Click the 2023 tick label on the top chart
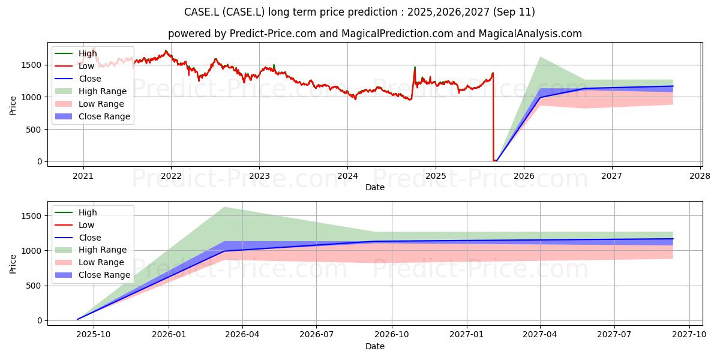pyautogui.click(x=259, y=176)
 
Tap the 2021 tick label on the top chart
pyautogui.click(x=83, y=176)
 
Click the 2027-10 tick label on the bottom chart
pyautogui.click(x=689, y=335)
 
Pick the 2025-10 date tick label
pyautogui.click(x=94, y=335)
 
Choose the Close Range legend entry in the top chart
pyautogui.click(x=92, y=116)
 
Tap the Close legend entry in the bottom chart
pyautogui.click(x=78, y=238)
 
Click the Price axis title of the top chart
pyautogui.click(x=13, y=106)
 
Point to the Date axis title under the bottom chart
pyautogui.click(x=375, y=346)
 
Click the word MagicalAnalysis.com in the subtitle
pyautogui.click(x=530, y=34)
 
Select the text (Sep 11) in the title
pyautogui.click(x=514, y=12)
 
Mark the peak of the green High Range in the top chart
pyautogui.click(x=541, y=57)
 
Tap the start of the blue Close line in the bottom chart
pyautogui.click(x=77, y=319)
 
